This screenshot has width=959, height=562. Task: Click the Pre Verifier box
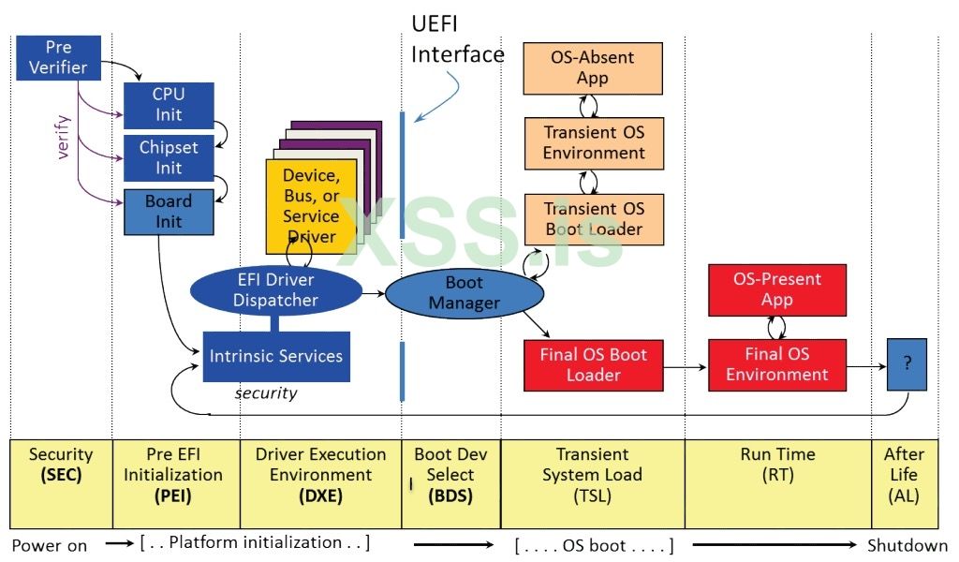[58, 57]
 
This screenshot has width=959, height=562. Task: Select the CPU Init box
[169, 105]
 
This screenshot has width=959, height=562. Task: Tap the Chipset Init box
[169, 157]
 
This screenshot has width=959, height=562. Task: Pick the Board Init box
[169, 212]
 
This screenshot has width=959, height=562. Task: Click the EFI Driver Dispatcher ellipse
[275, 290]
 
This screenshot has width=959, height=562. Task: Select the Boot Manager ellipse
[465, 293]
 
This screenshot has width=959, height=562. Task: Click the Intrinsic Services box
[276, 356]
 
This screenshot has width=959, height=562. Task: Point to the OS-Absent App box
[592, 67]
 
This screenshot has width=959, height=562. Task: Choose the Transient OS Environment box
[594, 142]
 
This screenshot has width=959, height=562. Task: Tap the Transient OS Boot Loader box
[594, 218]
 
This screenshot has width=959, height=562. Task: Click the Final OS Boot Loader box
[593, 364]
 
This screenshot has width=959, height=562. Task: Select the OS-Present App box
[776, 289]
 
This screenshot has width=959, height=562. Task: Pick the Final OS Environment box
[776, 364]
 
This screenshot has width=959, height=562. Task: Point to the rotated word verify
[64, 137]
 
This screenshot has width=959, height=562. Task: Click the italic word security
[266, 393]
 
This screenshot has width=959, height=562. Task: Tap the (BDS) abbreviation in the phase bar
[450, 496]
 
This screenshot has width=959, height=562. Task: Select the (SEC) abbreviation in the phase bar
[61, 475]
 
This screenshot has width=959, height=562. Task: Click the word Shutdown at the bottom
[907, 545]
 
